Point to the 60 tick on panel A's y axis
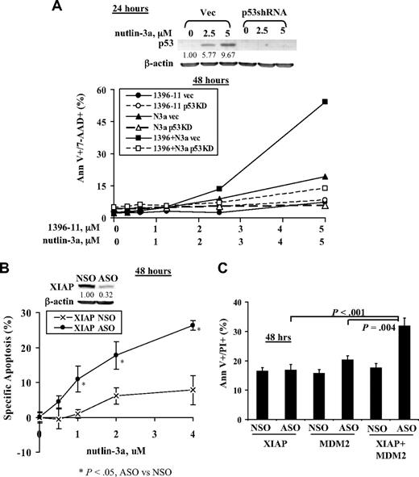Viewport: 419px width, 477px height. click(104, 90)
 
